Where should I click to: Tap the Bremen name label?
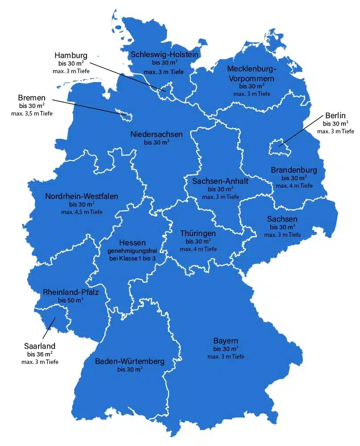pos(32,98)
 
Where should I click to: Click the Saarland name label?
pos(40,346)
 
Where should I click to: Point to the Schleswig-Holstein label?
pos(165,54)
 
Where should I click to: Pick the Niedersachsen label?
pos(157,134)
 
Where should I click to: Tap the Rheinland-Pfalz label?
pos(71,293)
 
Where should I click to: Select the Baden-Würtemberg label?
pos(130,361)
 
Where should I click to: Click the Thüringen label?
pos(198,233)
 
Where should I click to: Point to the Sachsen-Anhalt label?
pos(220,181)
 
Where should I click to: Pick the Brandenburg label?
pos(294,170)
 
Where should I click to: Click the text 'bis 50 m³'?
pos(70,301)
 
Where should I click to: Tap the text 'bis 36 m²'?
pos(39,354)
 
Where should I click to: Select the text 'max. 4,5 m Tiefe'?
pos(82,212)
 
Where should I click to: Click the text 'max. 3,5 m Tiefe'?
pos(32,114)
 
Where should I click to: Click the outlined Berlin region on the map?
pos(278,147)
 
